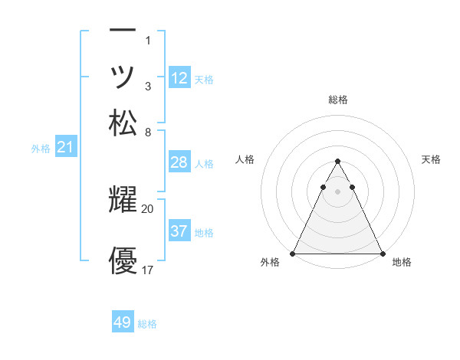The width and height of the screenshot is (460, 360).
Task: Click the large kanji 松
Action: [x=123, y=123]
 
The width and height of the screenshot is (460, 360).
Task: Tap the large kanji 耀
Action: [x=123, y=201]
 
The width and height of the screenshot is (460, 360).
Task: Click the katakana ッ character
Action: [x=123, y=77]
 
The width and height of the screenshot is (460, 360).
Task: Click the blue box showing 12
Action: [x=179, y=77]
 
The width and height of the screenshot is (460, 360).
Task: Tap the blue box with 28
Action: [x=179, y=162]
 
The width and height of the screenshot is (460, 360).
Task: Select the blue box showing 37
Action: [x=179, y=231]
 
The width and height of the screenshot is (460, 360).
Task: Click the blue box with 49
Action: [x=123, y=322]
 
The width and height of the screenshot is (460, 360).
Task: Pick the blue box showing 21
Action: [x=65, y=148]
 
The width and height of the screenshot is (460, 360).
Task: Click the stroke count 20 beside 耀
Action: [x=148, y=208]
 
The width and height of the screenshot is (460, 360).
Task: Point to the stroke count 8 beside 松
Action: [x=148, y=132]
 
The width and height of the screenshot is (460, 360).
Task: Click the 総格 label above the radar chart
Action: [x=337, y=100]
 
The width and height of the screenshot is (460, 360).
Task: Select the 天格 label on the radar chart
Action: [x=431, y=159]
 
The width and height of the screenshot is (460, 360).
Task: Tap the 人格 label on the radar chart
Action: [x=245, y=159]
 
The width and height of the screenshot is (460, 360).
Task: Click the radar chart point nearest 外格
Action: [x=294, y=254]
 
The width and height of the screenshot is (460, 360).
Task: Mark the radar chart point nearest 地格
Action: [x=382, y=254]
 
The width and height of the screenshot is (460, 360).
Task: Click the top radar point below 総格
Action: [x=337, y=162]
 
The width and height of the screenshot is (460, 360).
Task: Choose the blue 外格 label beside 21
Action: [x=41, y=149]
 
